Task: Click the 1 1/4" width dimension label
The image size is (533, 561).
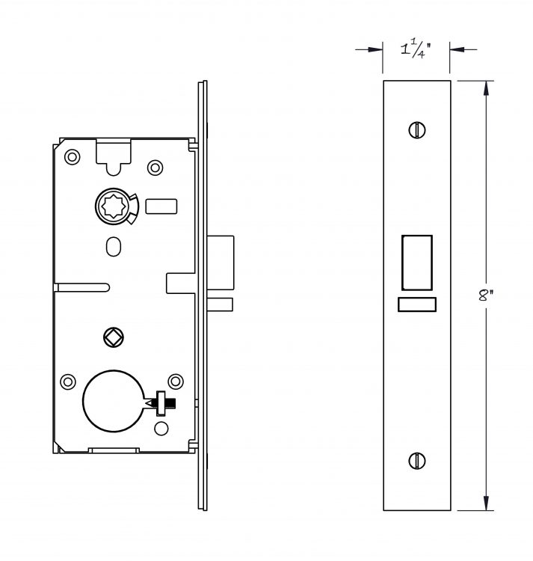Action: [416, 49]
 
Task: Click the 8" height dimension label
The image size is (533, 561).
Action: [485, 295]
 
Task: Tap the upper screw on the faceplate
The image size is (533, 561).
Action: [417, 130]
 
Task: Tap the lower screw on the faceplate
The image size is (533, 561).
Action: [417, 461]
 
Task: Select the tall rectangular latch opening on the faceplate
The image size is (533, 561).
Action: [417, 263]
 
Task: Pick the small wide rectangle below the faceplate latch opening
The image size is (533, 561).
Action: [417, 304]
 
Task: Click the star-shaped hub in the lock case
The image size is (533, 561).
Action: [113, 206]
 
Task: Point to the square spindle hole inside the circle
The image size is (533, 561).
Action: [114, 337]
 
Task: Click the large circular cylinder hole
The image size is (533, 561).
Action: [114, 401]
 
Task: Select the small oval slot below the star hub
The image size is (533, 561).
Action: [114, 247]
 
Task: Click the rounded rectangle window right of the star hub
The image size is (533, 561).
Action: [161, 206]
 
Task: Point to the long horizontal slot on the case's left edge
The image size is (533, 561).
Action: [82, 288]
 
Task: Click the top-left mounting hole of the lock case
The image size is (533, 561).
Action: [72, 157]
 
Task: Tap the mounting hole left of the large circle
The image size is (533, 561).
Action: [67, 381]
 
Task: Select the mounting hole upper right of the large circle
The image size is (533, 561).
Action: [176, 381]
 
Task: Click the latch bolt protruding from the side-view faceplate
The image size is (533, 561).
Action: [221, 263]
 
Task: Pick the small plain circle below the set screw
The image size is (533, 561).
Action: [161, 429]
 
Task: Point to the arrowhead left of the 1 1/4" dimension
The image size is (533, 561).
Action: [375, 49]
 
